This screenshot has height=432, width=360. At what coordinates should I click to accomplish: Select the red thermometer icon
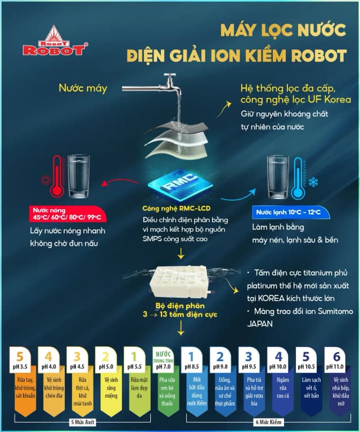coord(57,177)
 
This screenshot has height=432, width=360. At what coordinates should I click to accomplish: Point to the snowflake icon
coord(312,182)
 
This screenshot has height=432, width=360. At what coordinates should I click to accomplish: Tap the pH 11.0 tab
coord(336,359)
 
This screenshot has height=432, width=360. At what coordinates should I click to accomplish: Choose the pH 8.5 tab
coord(192,359)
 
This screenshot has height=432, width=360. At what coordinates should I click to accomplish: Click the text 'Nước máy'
coord(82,88)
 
